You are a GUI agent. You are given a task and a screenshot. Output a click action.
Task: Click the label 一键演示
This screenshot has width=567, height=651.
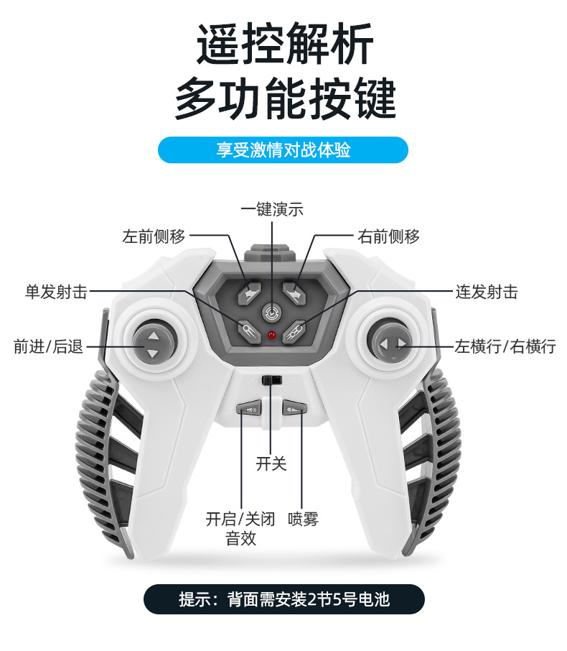tap(272, 209)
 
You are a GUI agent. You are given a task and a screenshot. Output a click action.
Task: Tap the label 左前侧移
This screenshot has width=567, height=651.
tap(154, 236)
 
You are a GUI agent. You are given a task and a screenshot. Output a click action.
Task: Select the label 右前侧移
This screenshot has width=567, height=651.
tap(388, 236)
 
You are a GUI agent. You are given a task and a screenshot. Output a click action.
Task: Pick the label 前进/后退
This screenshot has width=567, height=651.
tap(48, 346)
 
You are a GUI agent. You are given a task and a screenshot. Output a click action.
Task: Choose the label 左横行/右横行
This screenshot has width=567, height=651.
tap(505, 346)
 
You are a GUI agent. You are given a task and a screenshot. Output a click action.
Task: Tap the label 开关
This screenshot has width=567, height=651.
tap(271, 464)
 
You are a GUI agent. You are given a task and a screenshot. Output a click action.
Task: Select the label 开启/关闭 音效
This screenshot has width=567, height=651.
tap(240, 528)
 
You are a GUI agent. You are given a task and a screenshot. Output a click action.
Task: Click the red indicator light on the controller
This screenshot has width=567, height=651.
tap(272, 335)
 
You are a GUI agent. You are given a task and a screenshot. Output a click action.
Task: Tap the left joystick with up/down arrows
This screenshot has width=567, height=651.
tap(152, 344)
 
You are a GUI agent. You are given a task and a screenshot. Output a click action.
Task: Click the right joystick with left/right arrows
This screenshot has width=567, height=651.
tap(392, 344)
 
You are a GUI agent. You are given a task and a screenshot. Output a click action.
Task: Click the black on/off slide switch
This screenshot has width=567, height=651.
tap(271, 379)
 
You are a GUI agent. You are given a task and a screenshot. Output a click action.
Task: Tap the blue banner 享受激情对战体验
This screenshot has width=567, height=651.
tap(283, 150)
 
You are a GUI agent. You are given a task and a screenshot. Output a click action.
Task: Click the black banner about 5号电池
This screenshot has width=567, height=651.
tap(283, 599)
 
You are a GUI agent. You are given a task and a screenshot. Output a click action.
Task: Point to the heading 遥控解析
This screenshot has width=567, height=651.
tap(285, 46)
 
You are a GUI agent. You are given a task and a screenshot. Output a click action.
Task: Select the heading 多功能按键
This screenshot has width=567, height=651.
tap(285, 98)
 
